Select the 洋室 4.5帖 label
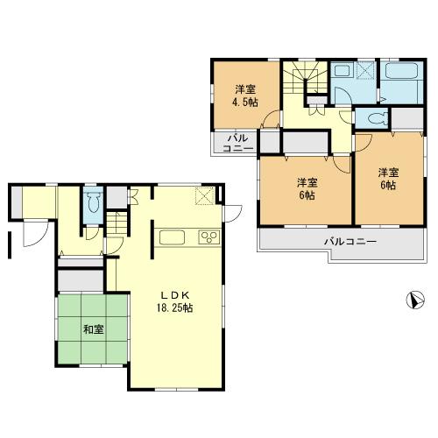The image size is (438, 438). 245,96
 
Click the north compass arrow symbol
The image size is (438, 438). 415,300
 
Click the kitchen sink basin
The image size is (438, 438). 172,236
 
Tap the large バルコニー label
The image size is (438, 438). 350,240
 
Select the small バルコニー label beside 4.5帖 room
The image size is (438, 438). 238,143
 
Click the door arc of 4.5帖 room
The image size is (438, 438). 275,123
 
